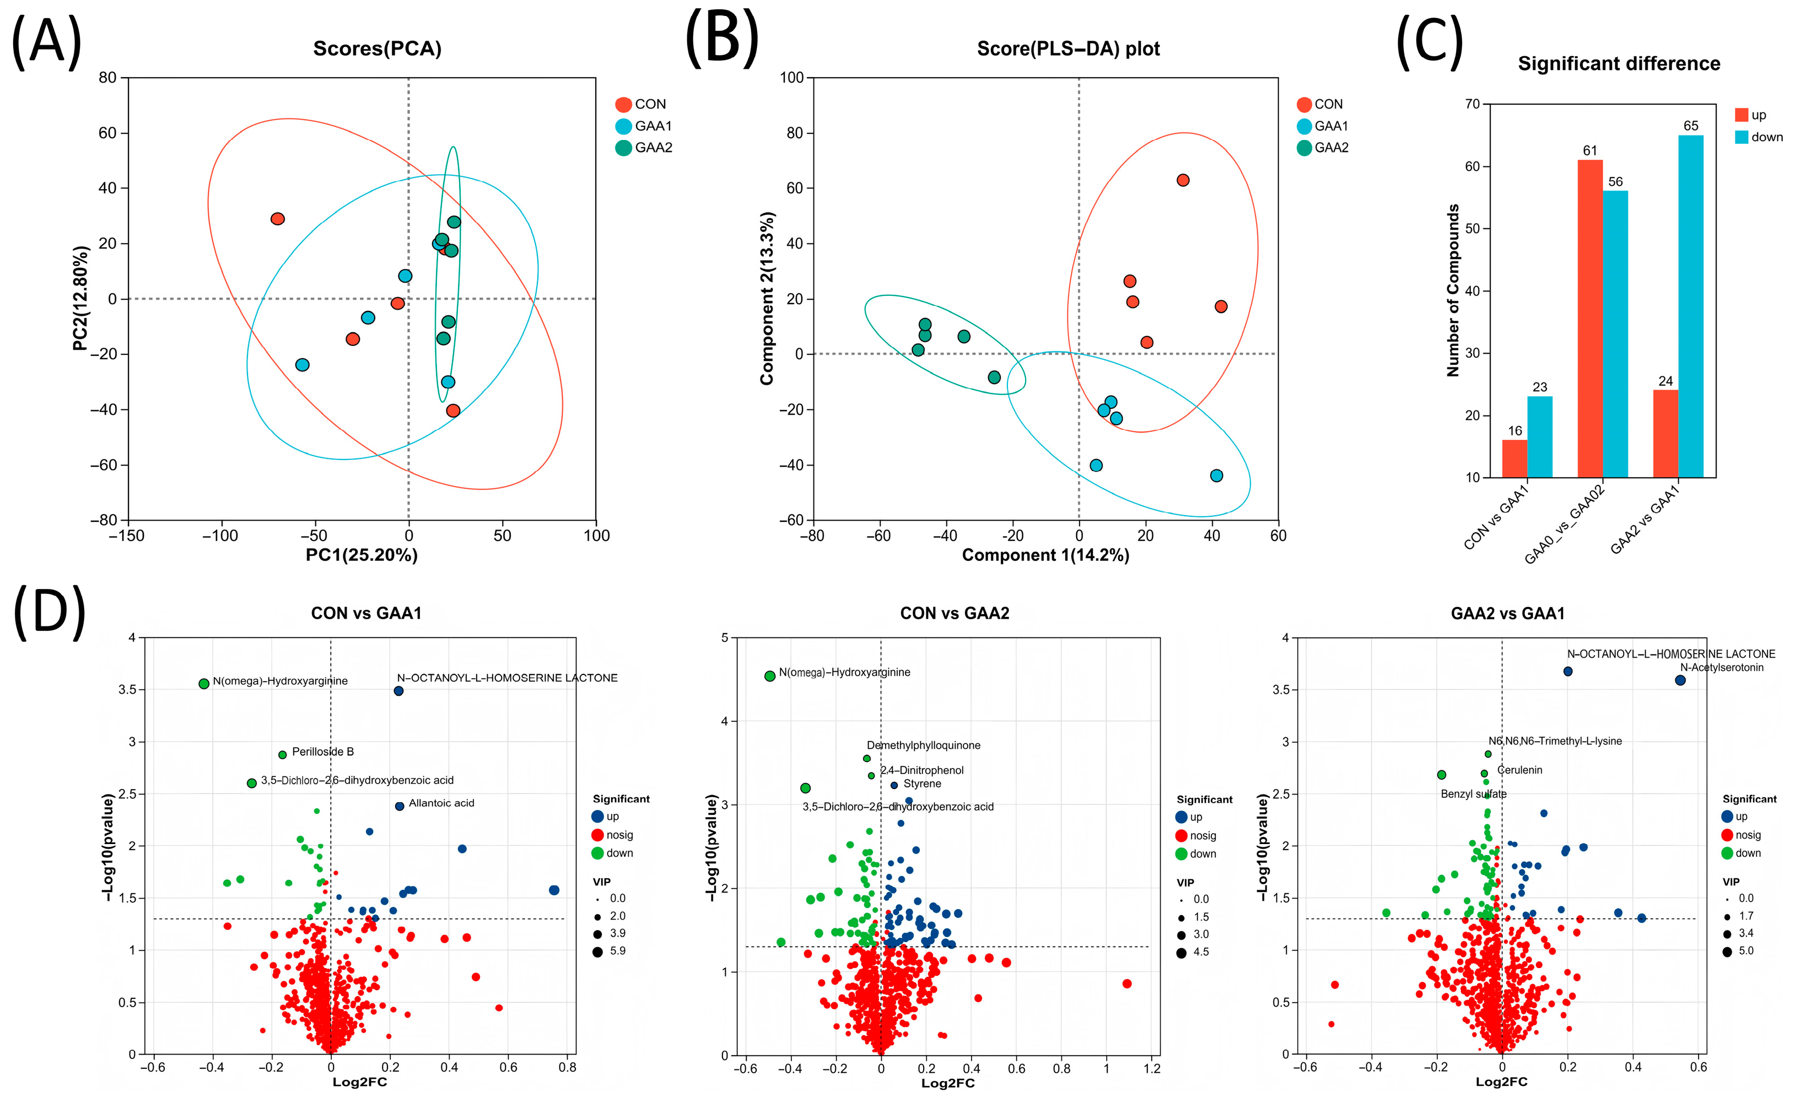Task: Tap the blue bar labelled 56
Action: pyautogui.click(x=1615, y=334)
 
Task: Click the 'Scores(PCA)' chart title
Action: pyautogui.click(x=377, y=49)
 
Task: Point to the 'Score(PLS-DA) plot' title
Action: pyautogui.click(x=1068, y=49)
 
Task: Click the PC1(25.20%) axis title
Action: pyautogui.click(x=362, y=555)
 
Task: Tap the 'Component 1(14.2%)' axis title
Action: pyautogui.click(x=1045, y=555)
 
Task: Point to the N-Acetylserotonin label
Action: pyautogui.click(x=1721, y=668)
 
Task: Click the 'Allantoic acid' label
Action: pyautogui.click(x=441, y=803)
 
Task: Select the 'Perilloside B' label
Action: pyautogui.click(x=322, y=752)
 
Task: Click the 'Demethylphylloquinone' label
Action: pyautogui.click(x=923, y=745)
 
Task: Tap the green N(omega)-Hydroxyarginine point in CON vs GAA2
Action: pyautogui.click(x=770, y=677)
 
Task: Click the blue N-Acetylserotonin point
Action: pyautogui.click(x=1680, y=681)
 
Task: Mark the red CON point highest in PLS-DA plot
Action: pyautogui.click(x=1182, y=180)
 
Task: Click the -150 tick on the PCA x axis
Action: pyautogui.click(x=127, y=536)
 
